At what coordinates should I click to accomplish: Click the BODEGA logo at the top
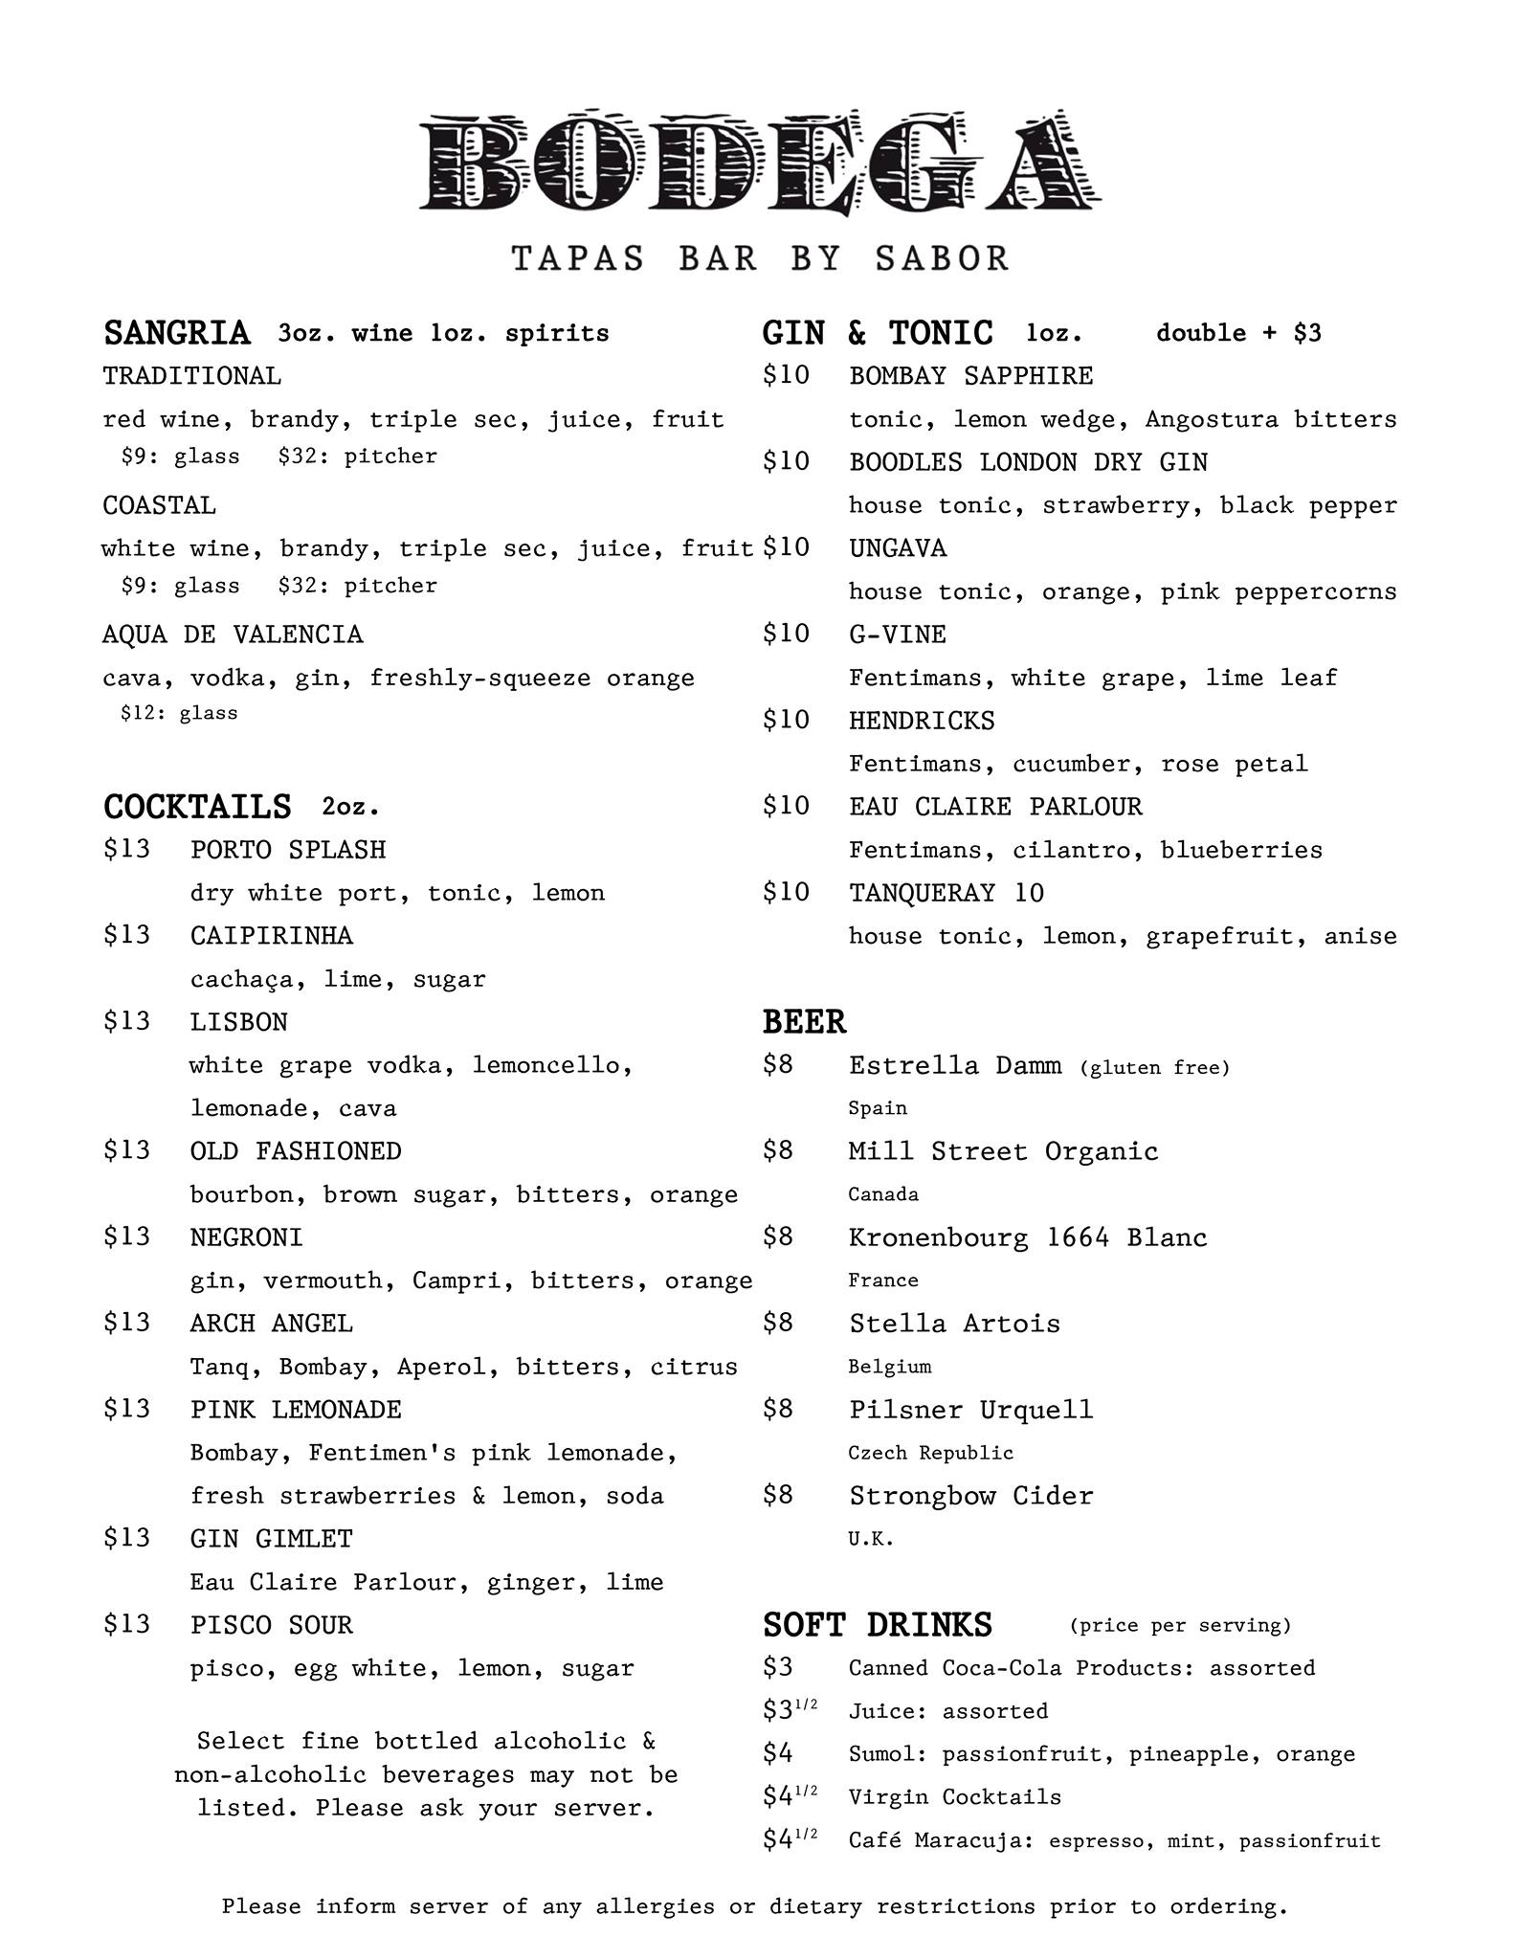[x=760, y=163]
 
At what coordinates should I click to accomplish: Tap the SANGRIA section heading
[x=176, y=333]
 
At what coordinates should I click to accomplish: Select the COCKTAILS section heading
[x=197, y=807]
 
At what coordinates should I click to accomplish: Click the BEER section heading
[x=804, y=1022]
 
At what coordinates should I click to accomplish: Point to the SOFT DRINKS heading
[x=877, y=1625]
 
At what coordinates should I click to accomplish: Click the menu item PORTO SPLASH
[x=288, y=850]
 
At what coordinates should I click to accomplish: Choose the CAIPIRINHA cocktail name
[x=272, y=936]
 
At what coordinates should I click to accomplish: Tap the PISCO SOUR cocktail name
[x=272, y=1625]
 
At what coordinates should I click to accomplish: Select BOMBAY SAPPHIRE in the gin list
[x=970, y=376]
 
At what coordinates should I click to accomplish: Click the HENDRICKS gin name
[x=922, y=721]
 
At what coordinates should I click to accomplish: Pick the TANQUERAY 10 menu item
[x=946, y=893]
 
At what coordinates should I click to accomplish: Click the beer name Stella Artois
[x=954, y=1324]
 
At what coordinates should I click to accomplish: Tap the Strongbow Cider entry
[x=970, y=1496]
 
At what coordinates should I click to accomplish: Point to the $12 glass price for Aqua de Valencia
[x=179, y=713]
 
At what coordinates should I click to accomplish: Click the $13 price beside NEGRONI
[x=126, y=1236]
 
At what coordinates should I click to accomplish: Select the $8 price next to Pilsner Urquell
[x=778, y=1409]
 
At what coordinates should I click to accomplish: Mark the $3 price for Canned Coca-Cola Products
[x=778, y=1667]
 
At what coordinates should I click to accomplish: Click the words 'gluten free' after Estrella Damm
[x=1154, y=1067]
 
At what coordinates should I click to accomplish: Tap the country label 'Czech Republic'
[x=930, y=1453]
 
